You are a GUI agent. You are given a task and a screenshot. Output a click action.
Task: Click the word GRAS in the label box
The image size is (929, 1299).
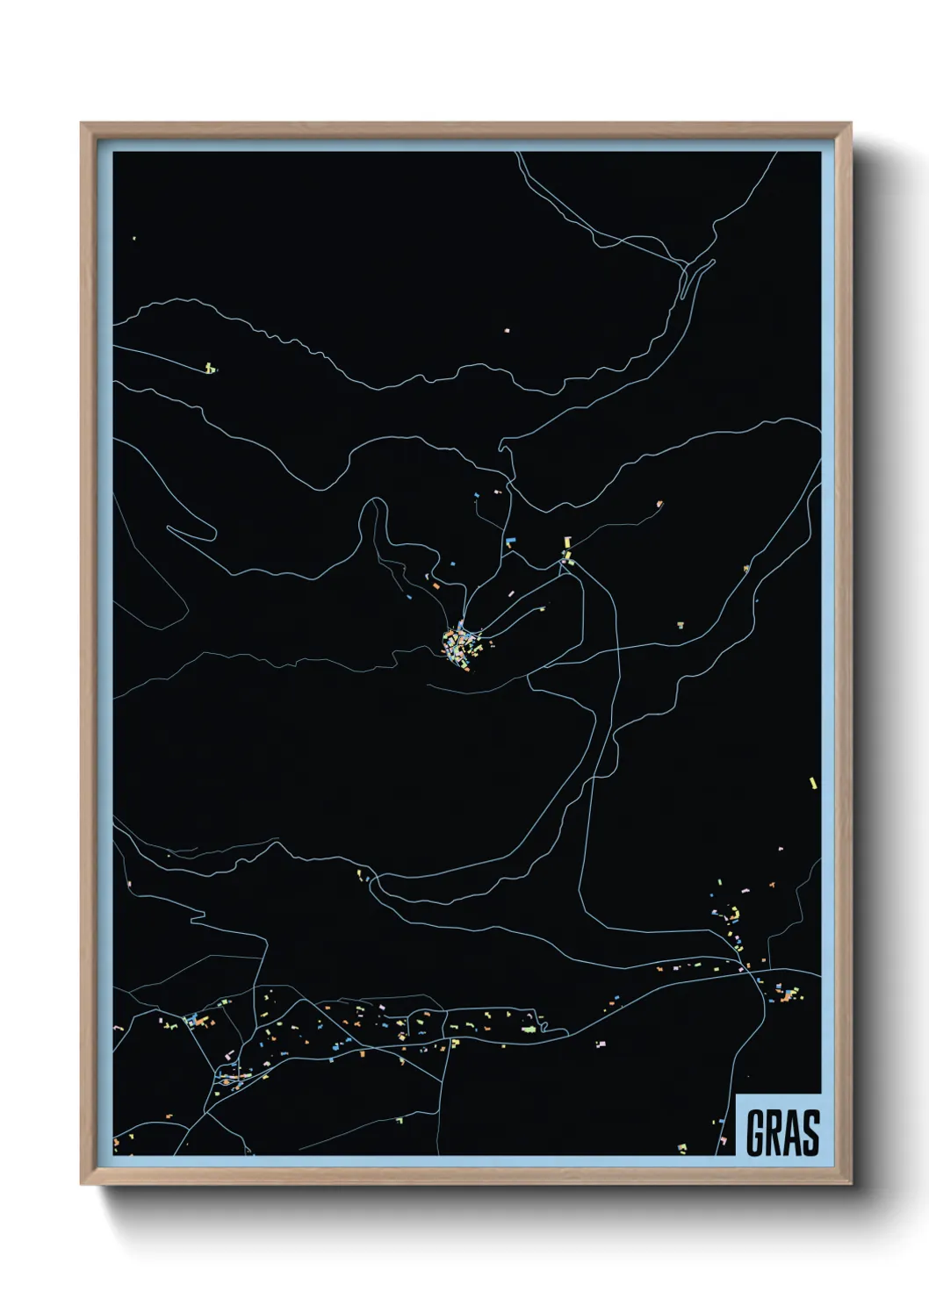(782, 1132)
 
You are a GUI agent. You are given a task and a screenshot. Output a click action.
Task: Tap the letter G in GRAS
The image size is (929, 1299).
(756, 1132)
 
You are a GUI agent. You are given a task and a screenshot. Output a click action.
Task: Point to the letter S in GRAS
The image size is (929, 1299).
(810, 1132)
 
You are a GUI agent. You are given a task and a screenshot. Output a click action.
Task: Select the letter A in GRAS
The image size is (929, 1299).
(792, 1132)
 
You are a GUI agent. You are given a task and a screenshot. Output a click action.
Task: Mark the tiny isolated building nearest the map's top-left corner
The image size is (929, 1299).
(134, 238)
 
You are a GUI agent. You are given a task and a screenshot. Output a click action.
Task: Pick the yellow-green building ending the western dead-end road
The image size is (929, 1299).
(209, 368)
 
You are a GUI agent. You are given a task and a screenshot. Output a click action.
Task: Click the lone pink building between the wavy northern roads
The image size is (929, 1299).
(507, 330)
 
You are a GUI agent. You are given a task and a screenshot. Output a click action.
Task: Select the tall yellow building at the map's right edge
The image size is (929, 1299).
(813, 782)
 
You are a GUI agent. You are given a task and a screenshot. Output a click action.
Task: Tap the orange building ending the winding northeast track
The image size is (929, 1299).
(659, 505)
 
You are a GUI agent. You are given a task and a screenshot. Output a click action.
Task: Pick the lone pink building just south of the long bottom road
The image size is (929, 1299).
(601, 1044)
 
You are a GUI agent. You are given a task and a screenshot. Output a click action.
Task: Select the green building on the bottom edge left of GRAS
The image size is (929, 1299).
(681, 1146)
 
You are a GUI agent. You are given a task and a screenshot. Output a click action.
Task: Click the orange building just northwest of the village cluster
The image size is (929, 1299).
(436, 585)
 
